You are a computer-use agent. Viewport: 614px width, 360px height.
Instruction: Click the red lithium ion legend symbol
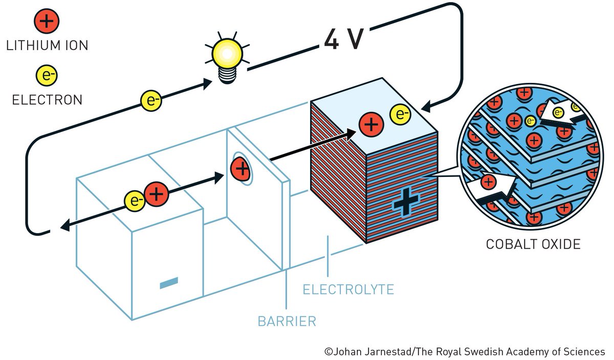[x=47, y=22]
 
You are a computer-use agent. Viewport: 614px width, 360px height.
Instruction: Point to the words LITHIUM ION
[x=47, y=46]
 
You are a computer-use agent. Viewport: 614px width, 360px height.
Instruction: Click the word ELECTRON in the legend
[x=47, y=100]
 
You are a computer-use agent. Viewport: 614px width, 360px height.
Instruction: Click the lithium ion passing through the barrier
[x=240, y=168]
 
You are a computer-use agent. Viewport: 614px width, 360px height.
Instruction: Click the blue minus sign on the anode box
[x=169, y=282]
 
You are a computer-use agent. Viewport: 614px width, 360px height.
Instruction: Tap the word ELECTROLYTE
[x=348, y=290]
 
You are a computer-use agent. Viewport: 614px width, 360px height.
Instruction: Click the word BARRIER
[x=287, y=322]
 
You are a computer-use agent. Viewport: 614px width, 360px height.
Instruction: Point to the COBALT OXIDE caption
[x=533, y=244]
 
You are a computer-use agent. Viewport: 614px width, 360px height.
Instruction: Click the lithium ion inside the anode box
[x=156, y=194]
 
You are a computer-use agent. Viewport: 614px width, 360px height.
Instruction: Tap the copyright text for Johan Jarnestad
[x=465, y=352]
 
